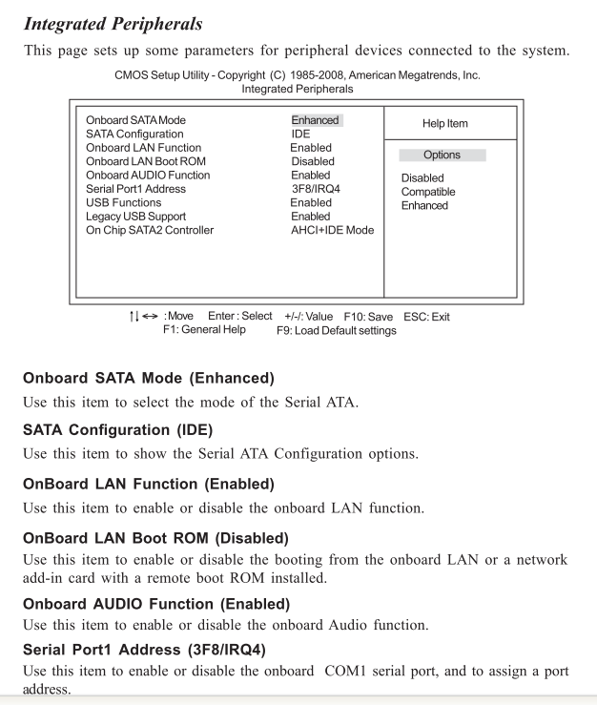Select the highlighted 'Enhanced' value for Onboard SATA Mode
(316, 120)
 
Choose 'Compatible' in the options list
(428, 192)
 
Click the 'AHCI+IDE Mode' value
(333, 230)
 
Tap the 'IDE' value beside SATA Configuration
(300, 135)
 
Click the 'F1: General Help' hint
(204, 330)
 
